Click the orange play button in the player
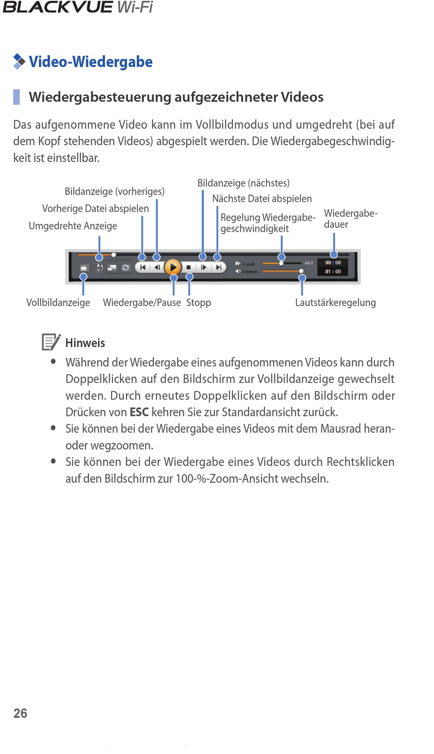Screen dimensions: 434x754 (173, 267)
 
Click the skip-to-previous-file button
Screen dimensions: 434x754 (143, 267)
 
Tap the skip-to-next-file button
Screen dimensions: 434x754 (218, 267)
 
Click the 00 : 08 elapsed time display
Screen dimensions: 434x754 (333, 263)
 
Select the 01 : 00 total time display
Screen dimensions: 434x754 (333, 271)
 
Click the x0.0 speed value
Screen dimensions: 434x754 (309, 263)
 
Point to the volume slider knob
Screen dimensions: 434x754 (301, 271)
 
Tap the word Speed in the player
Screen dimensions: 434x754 (248, 264)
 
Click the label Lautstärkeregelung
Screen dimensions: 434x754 (335, 303)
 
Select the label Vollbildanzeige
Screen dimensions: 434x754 (58, 303)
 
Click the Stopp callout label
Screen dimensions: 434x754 (199, 303)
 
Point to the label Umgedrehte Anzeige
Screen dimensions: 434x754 (73, 226)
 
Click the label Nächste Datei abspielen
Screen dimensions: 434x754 (262, 199)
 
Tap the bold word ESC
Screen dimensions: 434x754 (139, 412)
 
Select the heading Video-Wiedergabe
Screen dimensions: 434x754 (90, 62)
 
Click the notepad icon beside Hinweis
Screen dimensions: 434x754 (51, 342)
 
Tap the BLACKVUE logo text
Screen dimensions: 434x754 (58, 7)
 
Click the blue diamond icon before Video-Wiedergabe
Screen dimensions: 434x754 (19, 61)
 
